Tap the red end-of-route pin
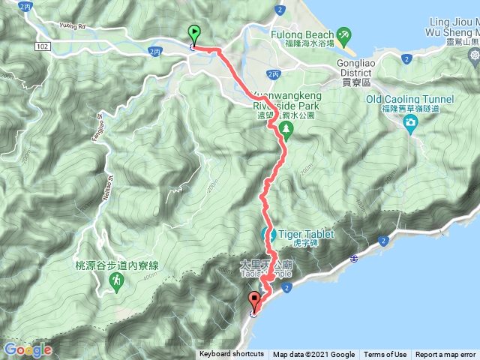(254, 301)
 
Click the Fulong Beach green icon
(343, 34)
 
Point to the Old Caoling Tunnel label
(409, 99)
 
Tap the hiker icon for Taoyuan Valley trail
(116, 281)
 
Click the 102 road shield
(43, 46)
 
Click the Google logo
(27, 349)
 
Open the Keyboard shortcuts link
(232, 355)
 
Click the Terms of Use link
(385, 355)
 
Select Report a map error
(445, 355)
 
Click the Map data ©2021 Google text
(313, 355)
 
